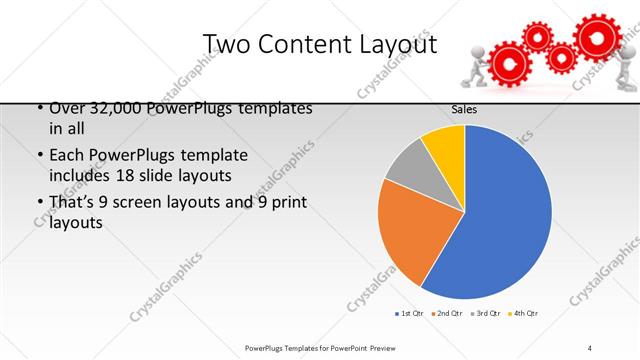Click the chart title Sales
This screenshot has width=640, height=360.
coord(464,111)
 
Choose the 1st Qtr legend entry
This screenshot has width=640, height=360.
coord(410,314)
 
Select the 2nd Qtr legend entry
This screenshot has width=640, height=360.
coord(447,314)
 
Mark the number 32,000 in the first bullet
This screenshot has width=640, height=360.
coord(112,108)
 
